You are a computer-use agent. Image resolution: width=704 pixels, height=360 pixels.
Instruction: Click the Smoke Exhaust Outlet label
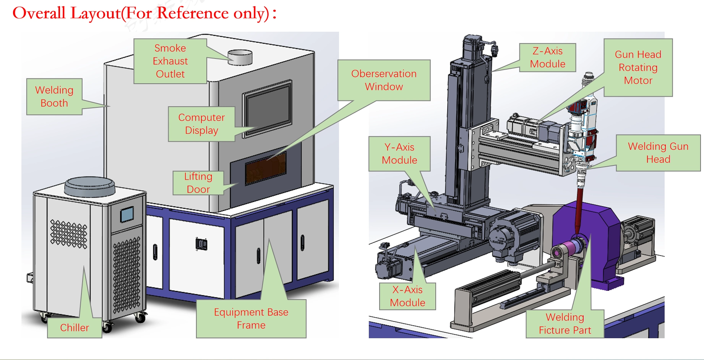pos(170,61)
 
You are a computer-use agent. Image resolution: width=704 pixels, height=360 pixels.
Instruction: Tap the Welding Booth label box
pos(54,97)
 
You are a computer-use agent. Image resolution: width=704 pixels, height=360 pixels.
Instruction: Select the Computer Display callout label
pos(201,124)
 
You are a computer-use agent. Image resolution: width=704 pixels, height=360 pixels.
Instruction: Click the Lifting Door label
pos(198,183)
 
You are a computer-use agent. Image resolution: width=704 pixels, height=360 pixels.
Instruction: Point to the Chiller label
pos(75,328)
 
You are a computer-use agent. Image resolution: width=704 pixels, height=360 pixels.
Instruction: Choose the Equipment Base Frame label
pos(251,319)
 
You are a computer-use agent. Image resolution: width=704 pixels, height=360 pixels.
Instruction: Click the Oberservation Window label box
pos(384,80)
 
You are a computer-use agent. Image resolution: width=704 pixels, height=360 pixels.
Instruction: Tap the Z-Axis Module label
pos(547,58)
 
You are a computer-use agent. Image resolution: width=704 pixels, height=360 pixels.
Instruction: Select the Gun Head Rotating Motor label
pos(638,68)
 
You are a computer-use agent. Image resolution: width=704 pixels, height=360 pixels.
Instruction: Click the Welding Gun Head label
pos(658,153)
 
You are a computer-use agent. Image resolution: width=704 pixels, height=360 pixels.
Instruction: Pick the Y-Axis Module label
pos(399,154)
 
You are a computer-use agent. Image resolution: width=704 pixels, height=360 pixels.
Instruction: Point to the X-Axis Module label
pos(407,296)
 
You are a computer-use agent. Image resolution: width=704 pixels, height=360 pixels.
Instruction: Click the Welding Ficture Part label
pos(565,324)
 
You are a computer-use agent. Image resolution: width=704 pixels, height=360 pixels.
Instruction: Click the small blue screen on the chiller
pos(127,214)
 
